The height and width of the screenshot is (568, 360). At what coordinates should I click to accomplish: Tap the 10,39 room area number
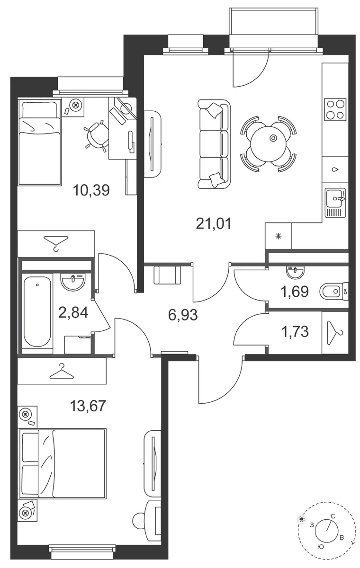91,190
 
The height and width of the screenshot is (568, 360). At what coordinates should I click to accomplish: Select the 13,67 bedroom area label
88,406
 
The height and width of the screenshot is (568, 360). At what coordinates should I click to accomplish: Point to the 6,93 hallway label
183,315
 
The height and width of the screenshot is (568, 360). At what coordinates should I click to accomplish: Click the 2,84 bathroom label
73,312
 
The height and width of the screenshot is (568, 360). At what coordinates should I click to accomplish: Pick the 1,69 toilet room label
295,291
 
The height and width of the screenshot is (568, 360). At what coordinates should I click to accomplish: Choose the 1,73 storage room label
295,332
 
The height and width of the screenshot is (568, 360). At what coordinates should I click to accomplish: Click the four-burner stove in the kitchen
335,110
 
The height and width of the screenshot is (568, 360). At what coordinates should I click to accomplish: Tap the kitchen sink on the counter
335,203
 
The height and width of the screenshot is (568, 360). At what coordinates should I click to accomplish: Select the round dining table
268,144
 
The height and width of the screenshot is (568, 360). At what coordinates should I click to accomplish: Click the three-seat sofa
214,144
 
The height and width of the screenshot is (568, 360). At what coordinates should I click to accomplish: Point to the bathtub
37,313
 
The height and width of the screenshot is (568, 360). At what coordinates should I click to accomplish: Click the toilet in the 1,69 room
334,292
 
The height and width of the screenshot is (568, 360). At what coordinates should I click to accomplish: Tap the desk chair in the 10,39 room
96,136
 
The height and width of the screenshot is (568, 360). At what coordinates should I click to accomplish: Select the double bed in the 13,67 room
62,464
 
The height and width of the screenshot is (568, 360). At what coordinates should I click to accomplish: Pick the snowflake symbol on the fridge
279,237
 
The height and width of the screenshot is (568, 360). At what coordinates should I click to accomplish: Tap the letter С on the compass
333,516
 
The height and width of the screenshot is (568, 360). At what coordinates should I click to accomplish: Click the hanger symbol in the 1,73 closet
335,333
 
